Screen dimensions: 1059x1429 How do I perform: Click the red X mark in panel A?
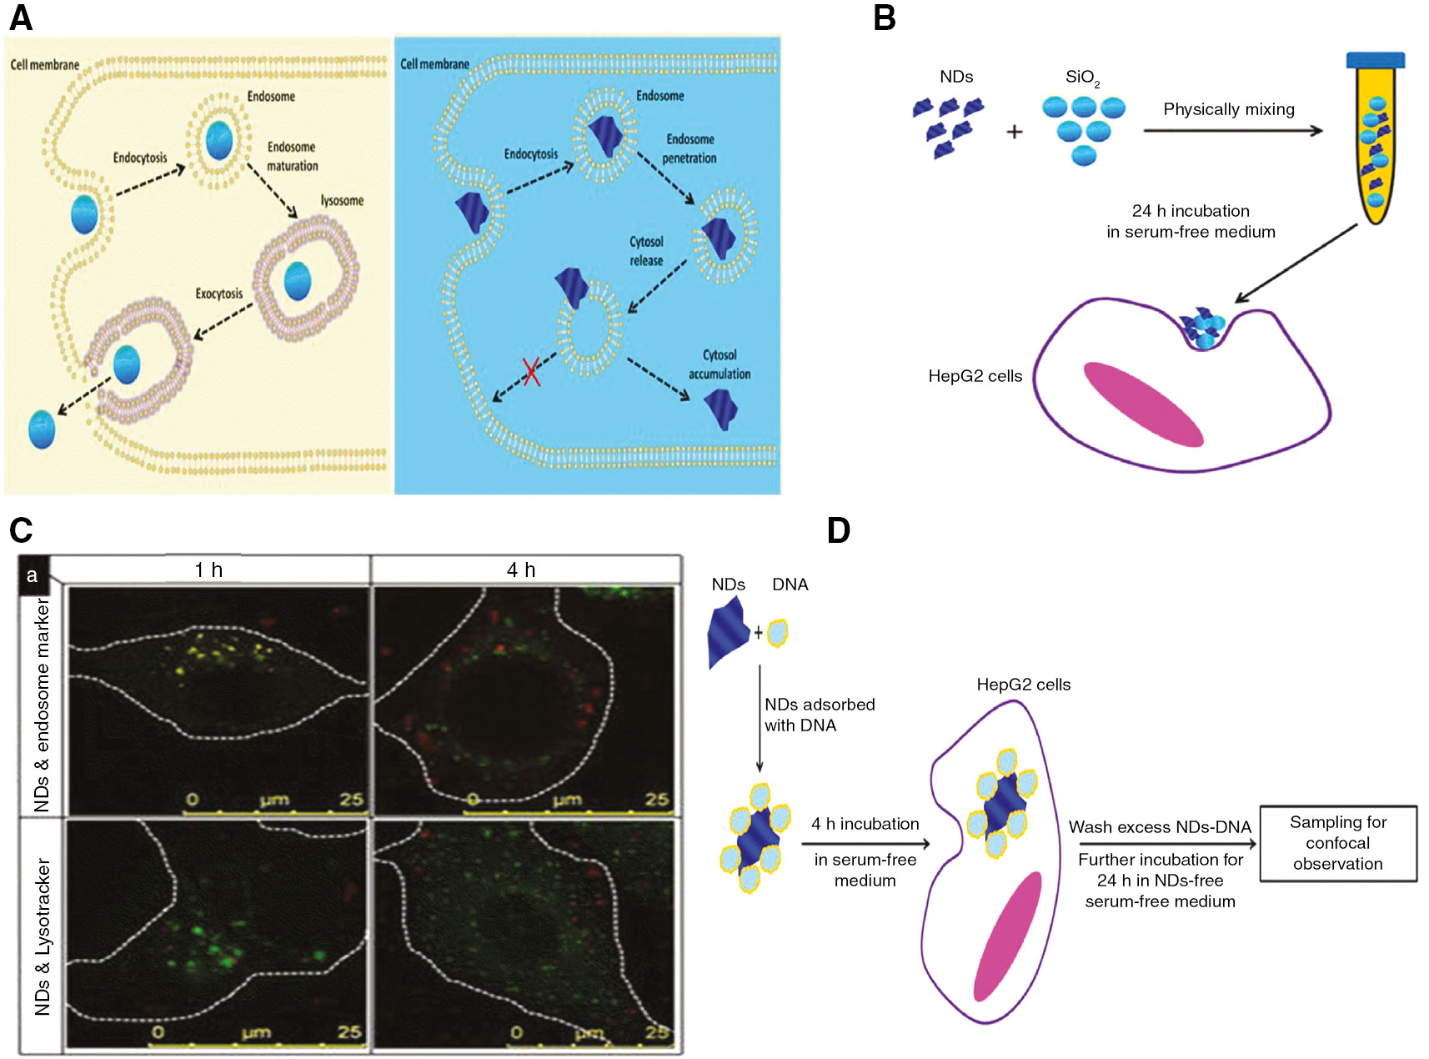click(531, 372)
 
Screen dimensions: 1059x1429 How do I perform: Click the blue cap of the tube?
click(1375, 60)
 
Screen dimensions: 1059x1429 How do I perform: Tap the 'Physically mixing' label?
click(1228, 109)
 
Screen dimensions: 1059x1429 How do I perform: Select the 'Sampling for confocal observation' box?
click(1337, 843)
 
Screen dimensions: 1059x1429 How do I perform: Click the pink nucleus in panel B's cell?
click(1143, 404)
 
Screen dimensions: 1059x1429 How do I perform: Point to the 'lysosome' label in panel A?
click(342, 201)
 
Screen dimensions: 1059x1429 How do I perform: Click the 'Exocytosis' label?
click(218, 294)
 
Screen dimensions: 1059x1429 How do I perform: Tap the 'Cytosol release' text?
click(646, 251)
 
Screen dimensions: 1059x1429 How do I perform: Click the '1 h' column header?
click(208, 570)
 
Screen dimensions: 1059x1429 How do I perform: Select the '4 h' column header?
click(521, 570)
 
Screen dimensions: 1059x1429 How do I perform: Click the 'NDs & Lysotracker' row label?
click(43, 936)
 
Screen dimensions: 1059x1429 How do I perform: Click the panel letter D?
click(838, 530)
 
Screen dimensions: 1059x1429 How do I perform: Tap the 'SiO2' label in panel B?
click(1082, 78)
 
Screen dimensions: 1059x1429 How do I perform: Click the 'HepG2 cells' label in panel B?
click(975, 376)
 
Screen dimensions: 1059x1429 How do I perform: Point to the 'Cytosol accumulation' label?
click(719, 364)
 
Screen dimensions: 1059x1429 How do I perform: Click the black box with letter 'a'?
click(33, 575)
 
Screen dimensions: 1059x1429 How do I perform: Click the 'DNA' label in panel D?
click(790, 585)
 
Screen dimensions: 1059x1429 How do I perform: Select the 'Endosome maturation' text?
click(292, 156)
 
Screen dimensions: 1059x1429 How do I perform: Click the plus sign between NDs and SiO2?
click(1014, 131)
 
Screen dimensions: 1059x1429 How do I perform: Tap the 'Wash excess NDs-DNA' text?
click(1160, 827)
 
